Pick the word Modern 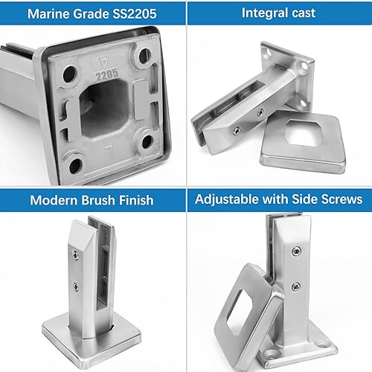pyautogui.click(x=53, y=201)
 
